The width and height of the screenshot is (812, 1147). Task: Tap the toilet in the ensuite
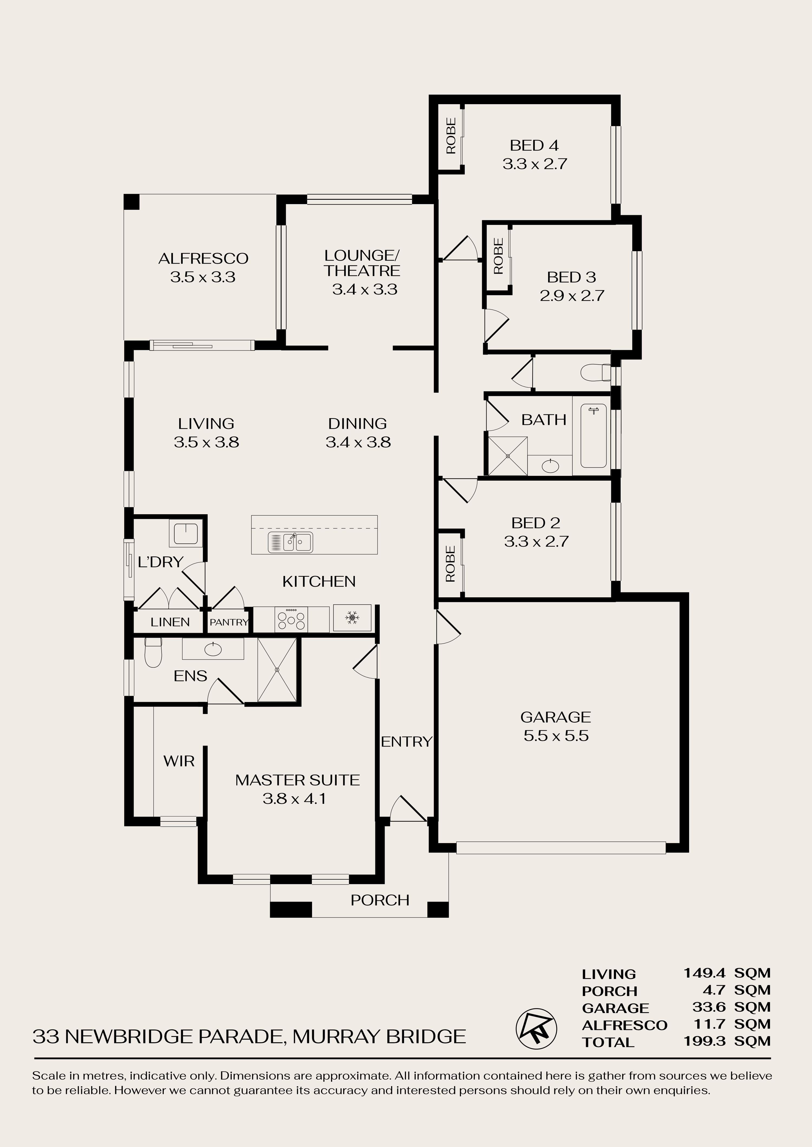153,653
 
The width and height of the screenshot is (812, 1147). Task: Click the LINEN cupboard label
170,622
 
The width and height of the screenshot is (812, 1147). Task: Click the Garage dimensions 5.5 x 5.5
556,736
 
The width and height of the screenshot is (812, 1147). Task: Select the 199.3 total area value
705,1040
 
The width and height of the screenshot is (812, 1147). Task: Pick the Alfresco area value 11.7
709,1024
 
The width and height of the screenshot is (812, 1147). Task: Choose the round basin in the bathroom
550,466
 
